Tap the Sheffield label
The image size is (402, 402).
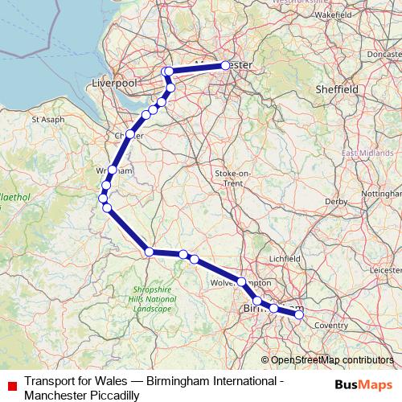(336, 88)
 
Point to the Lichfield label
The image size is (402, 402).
(285, 259)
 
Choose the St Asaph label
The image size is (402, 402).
(47, 119)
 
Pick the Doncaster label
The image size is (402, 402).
(383, 54)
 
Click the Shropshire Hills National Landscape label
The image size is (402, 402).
(152, 298)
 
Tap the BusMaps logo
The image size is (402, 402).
(363, 384)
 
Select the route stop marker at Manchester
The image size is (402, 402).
(225, 65)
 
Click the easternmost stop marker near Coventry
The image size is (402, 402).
(299, 314)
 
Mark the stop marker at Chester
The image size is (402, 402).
(129, 134)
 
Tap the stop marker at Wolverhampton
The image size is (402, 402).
(241, 281)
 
